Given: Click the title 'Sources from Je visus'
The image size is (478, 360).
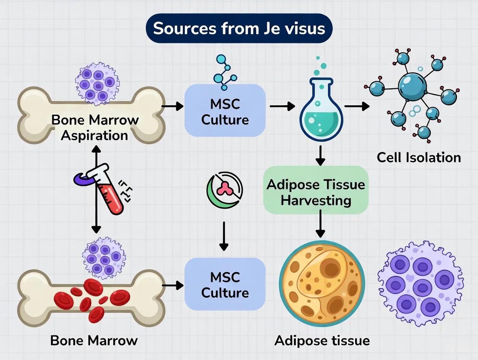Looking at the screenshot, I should point(239,29).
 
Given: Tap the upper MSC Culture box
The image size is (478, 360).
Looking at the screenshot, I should point(225,110).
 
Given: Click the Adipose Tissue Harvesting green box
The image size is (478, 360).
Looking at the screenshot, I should point(316,193).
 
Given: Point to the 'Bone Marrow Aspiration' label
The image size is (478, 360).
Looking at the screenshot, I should point(94,127).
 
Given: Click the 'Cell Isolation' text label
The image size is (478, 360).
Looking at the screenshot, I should point(418,157).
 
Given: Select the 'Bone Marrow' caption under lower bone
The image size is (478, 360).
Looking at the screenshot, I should point(94,340).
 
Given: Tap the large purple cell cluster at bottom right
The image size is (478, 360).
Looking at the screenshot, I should point(417,283).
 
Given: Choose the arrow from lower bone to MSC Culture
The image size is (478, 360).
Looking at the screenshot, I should point(172,286).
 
